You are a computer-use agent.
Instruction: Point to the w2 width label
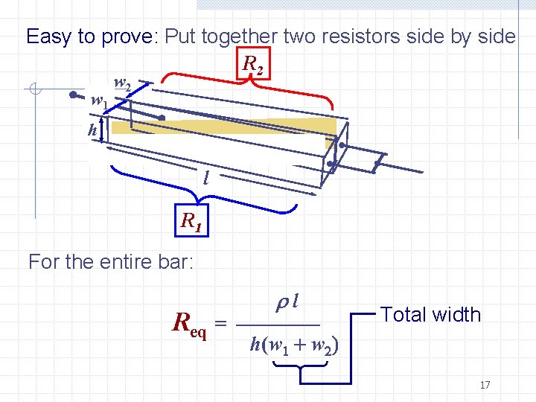point(123,84)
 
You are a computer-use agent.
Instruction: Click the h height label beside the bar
point(92,130)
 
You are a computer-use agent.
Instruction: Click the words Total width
point(430,315)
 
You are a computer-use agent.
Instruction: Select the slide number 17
point(485,385)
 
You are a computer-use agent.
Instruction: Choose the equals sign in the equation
point(220,324)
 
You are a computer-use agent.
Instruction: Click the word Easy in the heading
point(49,36)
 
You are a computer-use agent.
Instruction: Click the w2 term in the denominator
point(324,347)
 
